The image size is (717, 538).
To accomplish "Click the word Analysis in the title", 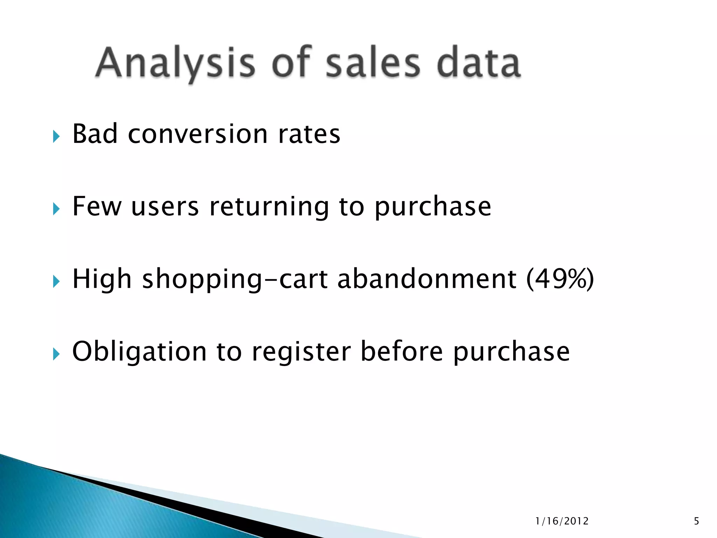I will [x=175, y=63].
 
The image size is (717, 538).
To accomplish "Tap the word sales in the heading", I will [x=373, y=63].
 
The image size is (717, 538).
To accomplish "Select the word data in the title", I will [x=479, y=63].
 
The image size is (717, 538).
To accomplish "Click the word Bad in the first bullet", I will [x=95, y=134].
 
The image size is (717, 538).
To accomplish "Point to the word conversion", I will [x=198, y=134].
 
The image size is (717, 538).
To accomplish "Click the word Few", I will [x=97, y=207].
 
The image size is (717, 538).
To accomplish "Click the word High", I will [x=102, y=280].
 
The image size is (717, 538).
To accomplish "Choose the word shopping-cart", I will [x=235, y=280].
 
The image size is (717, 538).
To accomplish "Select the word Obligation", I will [x=139, y=352].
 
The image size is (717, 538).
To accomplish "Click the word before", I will [x=402, y=351].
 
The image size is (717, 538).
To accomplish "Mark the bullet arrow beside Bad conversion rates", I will [x=56, y=136].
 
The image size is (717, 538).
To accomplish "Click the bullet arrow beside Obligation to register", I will [x=56, y=354].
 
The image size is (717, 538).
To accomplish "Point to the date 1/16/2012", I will [x=562, y=521].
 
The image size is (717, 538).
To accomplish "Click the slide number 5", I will [x=696, y=521].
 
